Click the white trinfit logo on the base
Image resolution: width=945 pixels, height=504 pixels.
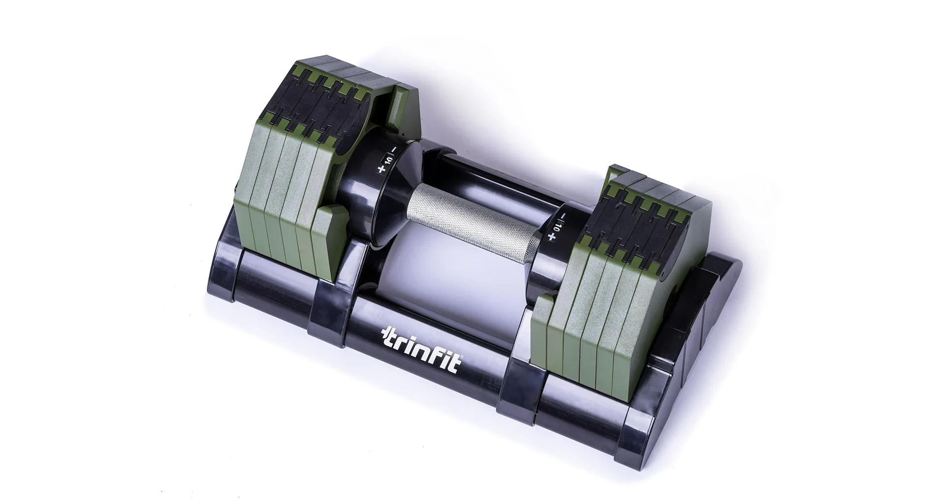coord(421,350)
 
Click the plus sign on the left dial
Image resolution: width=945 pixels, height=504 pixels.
coord(380,169)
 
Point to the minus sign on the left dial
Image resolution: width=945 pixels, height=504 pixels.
coord(394,150)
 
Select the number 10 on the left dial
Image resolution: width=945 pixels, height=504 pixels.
coord(388,159)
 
